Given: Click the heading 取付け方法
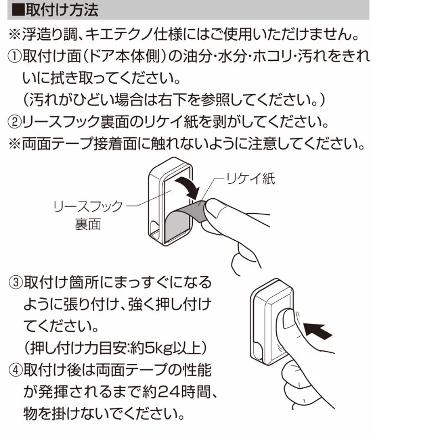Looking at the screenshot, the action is pyautogui.click(x=62, y=10).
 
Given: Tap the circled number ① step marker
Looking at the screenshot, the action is pyautogui.click(x=14, y=56).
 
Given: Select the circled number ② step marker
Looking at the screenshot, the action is pyautogui.click(x=14, y=122).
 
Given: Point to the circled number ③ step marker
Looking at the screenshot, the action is pyautogui.click(x=16, y=282).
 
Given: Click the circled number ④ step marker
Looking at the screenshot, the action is pyautogui.click(x=16, y=370).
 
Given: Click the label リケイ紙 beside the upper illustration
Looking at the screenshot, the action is pyautogui.click(x=250, y=178).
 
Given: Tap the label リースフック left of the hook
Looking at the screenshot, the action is pyautogui.click(x=88, y=206).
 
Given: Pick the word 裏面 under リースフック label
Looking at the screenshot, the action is pyautogui.click(x=88, y=225).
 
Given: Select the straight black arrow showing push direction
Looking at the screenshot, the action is pyautogui.click(x=318, y=331).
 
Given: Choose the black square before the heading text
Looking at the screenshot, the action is pyautogui.click(x=18, y=10).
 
